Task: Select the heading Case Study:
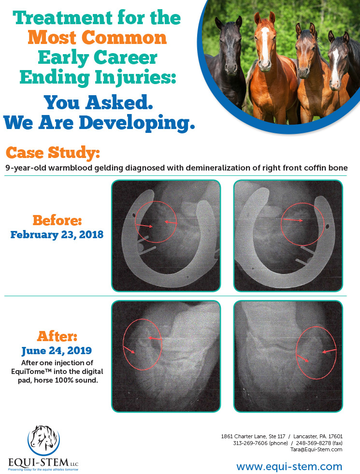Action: coord(53,153)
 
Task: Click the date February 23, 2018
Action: coord(57,234)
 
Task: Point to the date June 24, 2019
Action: coord(57,351)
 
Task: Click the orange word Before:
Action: coord(57,220)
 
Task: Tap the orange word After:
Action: coord(57,336)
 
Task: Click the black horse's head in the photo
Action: coord(229,45)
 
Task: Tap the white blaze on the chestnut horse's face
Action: coord(265,45)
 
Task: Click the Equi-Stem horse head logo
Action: coord(44,440)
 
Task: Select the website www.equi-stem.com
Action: coord(289,466)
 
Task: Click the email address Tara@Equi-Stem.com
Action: coord(316,449)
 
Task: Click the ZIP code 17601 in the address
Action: coord(335,436)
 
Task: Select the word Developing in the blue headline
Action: coord(137,123)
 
